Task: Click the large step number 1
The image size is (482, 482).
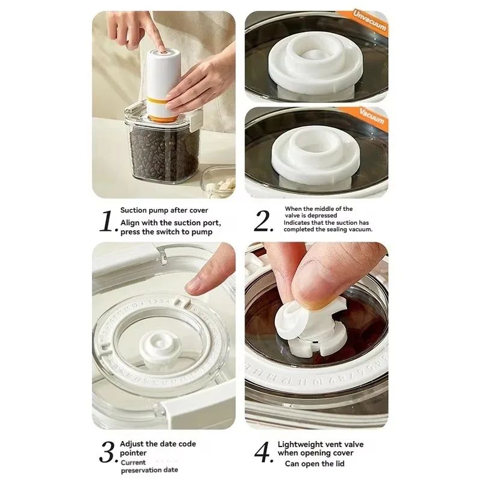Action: click(x=107, y=222)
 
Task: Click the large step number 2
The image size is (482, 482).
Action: click(x=264, y=222)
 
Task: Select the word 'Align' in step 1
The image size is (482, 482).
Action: click(x=130, y=222)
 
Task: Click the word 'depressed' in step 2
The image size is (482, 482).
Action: click(x=337, y=215)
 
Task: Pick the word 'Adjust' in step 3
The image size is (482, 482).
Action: click(x=133, y=444)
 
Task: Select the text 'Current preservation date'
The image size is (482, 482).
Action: click(x=148, y=466)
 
